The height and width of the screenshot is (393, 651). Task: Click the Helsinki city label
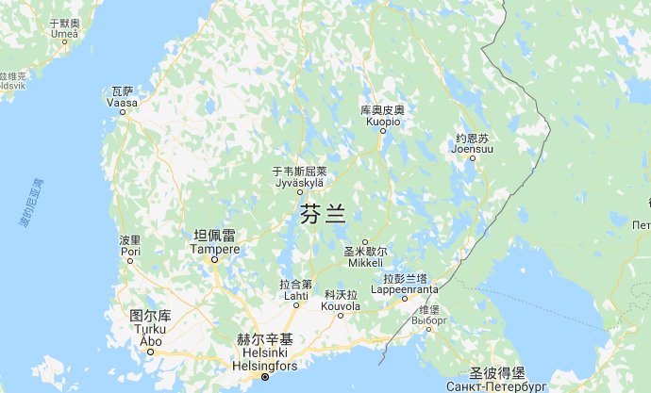click(266, 352)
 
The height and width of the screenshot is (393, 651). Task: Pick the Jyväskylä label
click(298, 183)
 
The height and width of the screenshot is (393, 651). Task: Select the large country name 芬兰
click(323, 214)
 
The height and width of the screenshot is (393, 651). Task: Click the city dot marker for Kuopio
click(383, 130)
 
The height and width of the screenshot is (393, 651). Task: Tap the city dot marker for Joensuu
click(473, 157)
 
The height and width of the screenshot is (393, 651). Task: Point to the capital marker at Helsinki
click(265, 377)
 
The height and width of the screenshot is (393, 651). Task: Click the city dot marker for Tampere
click(214, 259)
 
